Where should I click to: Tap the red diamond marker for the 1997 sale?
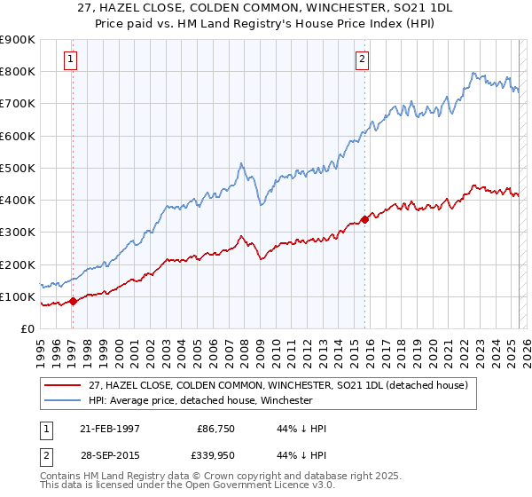point(74,301)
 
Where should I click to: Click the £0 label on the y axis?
point(26,328)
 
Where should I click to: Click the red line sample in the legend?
point(64,385)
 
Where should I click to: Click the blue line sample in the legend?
point(64,400)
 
